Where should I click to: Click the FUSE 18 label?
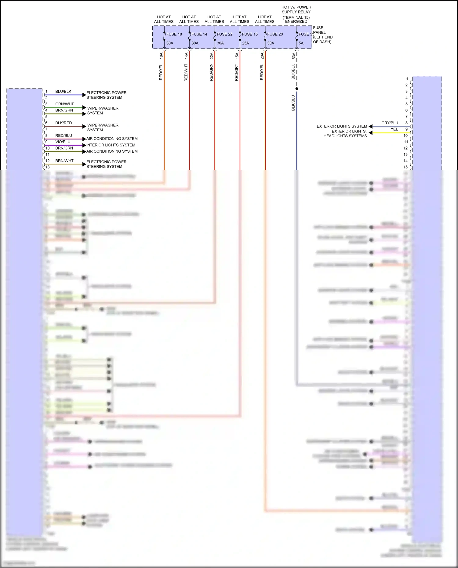(174, 34)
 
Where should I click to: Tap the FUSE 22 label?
(224, 34)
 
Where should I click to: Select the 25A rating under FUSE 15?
(245, 43)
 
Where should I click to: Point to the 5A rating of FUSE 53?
(301, 43)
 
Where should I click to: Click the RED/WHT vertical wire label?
(186, 72)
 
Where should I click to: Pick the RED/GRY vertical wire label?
(237, 72)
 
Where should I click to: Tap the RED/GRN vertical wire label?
(211, 72)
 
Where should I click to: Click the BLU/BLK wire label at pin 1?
(63, 92)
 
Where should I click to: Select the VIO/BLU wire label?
(63, 142)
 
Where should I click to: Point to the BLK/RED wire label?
(64, 123)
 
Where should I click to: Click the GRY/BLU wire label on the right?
(390, 123)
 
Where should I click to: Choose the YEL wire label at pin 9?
(394, 129)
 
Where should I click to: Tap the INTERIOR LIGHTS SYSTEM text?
(111, 145)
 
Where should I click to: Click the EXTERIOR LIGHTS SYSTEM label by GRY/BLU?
(342, 126)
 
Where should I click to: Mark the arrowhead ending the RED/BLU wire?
(84, 139)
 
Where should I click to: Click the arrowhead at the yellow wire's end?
(370, 132)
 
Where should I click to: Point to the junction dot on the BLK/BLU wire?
(297, 89)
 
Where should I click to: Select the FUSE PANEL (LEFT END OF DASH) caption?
(322, 34)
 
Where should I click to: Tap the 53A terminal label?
(294, 56)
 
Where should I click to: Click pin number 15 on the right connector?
(405, 167)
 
